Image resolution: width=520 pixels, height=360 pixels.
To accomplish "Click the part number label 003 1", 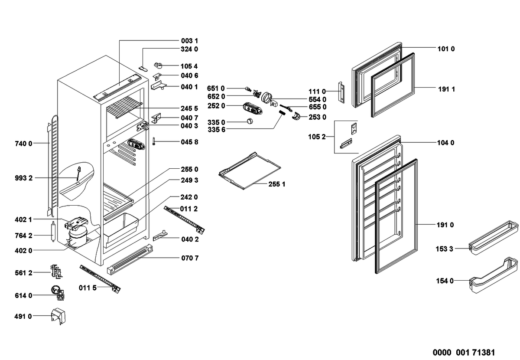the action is (189, 41).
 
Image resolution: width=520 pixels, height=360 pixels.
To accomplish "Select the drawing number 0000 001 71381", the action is (464, 353).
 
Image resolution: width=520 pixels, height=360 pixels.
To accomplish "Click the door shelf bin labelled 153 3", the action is (493, 238).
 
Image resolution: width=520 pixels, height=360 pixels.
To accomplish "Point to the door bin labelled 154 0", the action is (493, 275).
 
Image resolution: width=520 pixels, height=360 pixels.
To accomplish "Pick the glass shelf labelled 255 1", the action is (250, 171).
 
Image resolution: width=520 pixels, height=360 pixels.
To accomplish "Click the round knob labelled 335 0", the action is (250, 121).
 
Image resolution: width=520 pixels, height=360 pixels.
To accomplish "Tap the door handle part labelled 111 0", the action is (341, 92).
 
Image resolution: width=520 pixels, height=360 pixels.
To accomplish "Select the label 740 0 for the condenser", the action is (24, 144).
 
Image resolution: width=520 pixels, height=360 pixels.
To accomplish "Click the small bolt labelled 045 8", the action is (154, 141).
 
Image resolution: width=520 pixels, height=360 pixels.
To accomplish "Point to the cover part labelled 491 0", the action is (58, 316).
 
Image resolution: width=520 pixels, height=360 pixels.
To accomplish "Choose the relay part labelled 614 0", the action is (58, 293).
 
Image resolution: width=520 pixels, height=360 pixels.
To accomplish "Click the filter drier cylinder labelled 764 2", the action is (53, 232).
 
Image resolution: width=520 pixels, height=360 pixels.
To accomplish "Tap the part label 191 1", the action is (446, 89).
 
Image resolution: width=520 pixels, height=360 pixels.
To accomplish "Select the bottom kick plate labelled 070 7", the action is (130, 260).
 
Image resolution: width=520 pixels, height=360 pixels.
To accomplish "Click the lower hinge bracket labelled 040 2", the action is (160, 236).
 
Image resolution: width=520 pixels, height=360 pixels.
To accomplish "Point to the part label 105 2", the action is (317, 137).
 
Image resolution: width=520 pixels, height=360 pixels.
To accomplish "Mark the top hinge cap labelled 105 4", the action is (159, 65).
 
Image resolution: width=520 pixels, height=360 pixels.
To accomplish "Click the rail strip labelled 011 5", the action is (100, 279).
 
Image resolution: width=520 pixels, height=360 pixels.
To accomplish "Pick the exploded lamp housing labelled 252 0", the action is (253, 109).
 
